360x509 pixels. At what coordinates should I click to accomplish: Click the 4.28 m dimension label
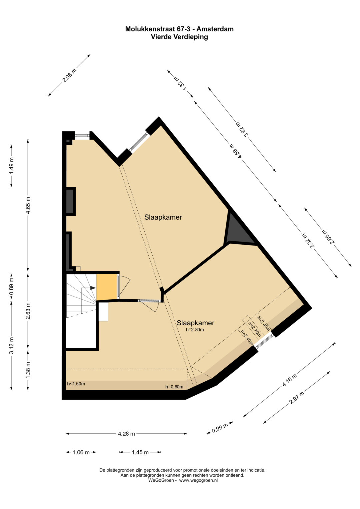(126, 434)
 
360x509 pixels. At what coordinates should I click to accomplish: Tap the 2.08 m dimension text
(69, 75)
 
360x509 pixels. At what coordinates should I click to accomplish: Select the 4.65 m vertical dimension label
(28, 205)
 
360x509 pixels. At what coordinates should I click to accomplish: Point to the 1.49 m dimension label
(11, 166)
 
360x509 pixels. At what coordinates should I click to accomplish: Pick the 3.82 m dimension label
(242, 129)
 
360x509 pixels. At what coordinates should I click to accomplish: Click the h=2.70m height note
(254, 330)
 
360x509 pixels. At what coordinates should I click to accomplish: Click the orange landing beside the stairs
(107, 287)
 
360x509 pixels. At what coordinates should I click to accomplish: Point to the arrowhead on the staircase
(93, 288)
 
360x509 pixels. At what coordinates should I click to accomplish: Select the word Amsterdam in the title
(215, 29)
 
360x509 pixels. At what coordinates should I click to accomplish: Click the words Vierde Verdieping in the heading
(180, 37)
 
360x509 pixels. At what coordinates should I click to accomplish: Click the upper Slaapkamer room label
(163, 217)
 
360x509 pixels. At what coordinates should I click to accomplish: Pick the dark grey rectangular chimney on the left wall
(71, 201)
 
